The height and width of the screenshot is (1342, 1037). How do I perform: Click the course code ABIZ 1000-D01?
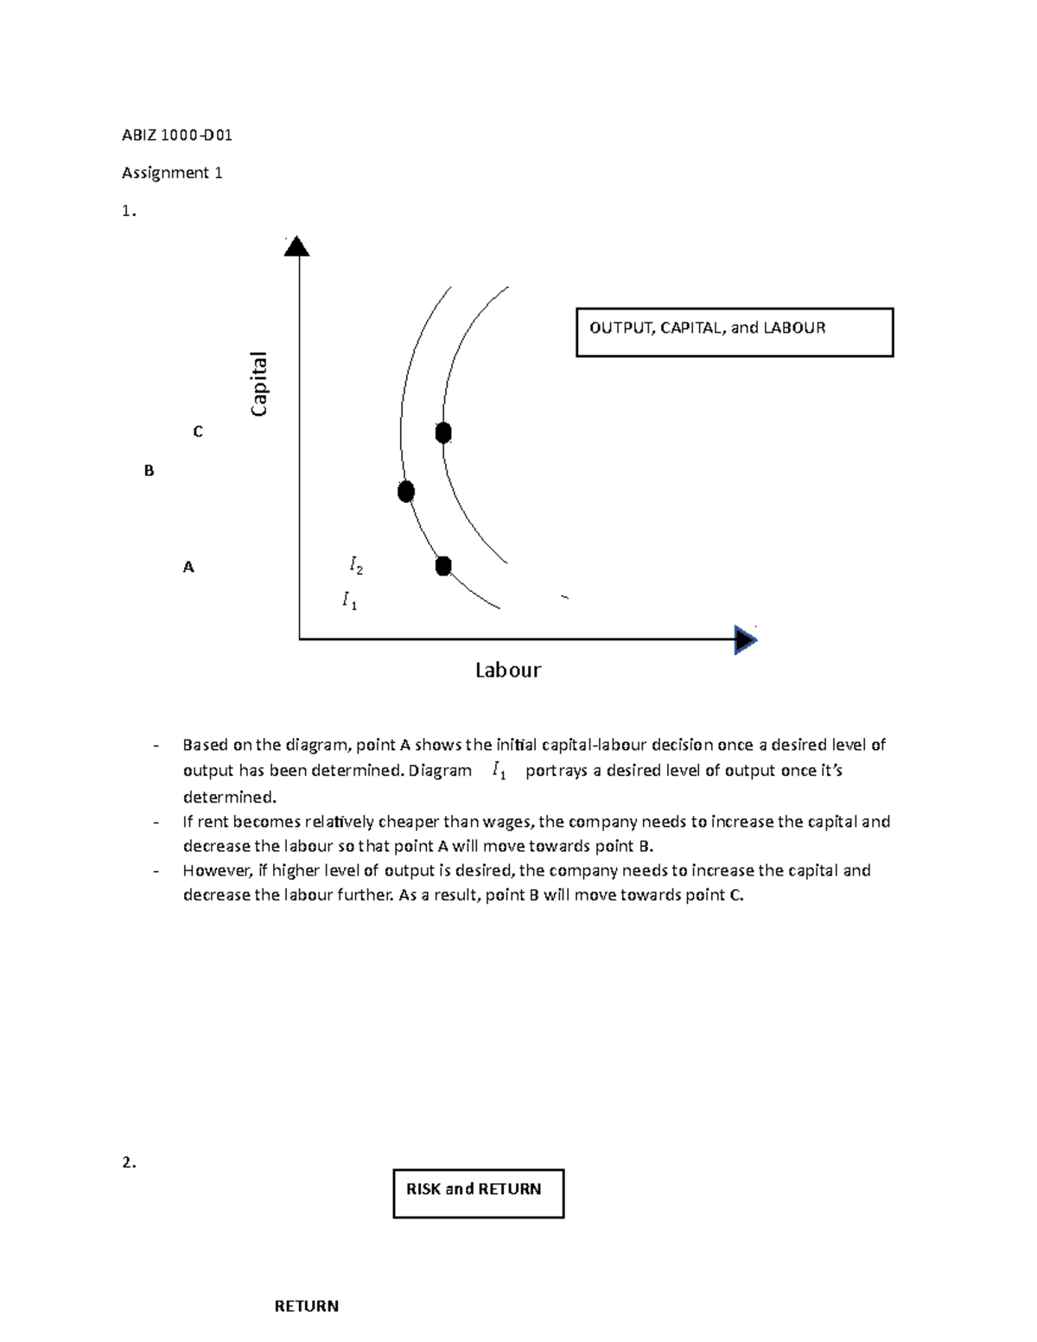177,135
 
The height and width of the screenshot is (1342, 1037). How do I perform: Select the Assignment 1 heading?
172,173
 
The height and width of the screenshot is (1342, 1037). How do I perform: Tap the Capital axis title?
259,384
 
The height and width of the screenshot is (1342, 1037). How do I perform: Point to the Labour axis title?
508,671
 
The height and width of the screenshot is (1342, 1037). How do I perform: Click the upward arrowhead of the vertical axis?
296,247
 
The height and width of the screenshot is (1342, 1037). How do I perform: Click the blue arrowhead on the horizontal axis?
745,640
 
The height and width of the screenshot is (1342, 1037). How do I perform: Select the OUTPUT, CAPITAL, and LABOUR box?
734,332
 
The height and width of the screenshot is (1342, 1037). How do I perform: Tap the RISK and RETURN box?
478,1193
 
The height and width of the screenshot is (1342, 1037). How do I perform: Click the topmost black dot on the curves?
443,433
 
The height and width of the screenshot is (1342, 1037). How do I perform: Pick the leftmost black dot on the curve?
406,492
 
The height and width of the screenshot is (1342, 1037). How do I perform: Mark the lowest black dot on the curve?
443,566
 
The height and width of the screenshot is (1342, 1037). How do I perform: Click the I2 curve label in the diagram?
356,565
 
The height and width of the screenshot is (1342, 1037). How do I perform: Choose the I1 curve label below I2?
349,600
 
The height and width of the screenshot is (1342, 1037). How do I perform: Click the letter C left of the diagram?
198,431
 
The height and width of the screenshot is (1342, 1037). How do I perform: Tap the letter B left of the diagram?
149,471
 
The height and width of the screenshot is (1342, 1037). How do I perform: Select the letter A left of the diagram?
188,568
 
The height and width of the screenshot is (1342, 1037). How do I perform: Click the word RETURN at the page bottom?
306,1306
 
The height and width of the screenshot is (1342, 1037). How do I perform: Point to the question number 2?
129,1163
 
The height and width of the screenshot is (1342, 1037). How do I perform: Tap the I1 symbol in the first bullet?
498,771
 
